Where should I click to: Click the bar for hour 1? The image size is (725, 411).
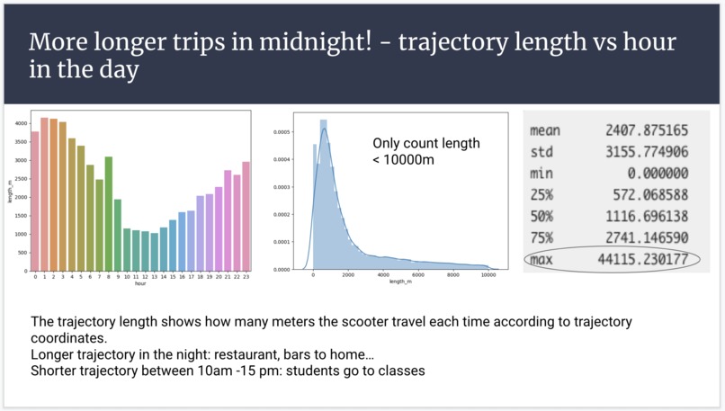point(45,193)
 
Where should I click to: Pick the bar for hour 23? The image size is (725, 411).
point(246,215)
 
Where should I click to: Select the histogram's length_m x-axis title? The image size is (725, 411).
point(399,282)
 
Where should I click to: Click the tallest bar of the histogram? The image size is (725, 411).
point(324,194)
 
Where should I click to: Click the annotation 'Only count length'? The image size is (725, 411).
point(426,143)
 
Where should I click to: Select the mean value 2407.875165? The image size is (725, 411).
point(647,130)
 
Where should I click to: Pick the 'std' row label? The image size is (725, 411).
point(542,152)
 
